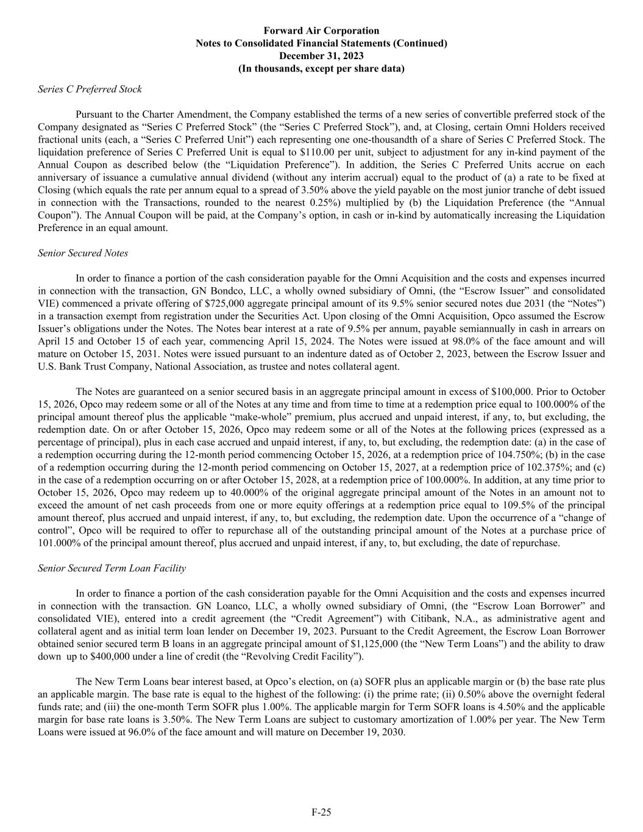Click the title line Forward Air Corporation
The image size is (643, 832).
pos(321,30)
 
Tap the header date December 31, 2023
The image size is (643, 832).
pos(321,56)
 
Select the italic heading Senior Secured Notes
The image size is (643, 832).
pos(83,253)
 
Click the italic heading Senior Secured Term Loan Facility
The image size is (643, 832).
pos(112,568)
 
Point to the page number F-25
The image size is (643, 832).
pos(321,812)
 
